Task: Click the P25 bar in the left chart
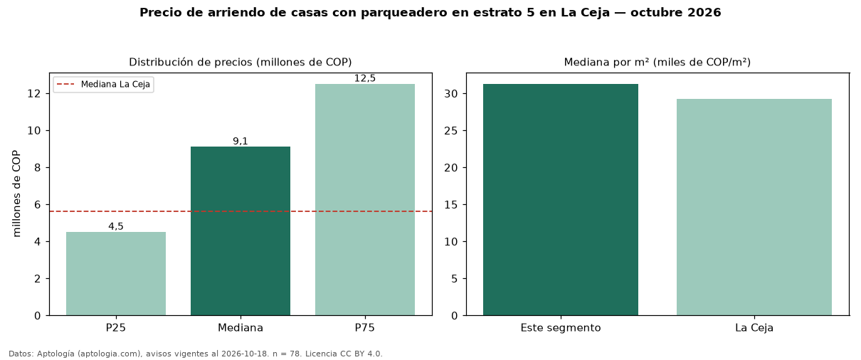pos(116,273)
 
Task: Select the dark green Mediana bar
pos(241,231)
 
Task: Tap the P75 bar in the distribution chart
pos(365,199)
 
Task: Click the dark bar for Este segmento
pos(561,199)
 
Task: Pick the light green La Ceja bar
pos(754,207)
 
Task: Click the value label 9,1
pos(241,141)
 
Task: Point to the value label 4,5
pos(116,226)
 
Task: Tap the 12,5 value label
pos(365,78)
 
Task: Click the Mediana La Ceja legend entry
pos(103,85)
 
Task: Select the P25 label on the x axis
pos(116,328)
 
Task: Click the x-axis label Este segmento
pos(561,328)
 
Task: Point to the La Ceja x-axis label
pos(754,328)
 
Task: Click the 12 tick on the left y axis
pos(34,93)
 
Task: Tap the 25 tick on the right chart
pos(451,131)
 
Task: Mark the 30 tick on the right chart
pos(451,93)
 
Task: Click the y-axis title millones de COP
pos(16,194)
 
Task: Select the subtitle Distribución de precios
pos(191,62)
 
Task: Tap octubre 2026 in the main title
pos(676,13)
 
